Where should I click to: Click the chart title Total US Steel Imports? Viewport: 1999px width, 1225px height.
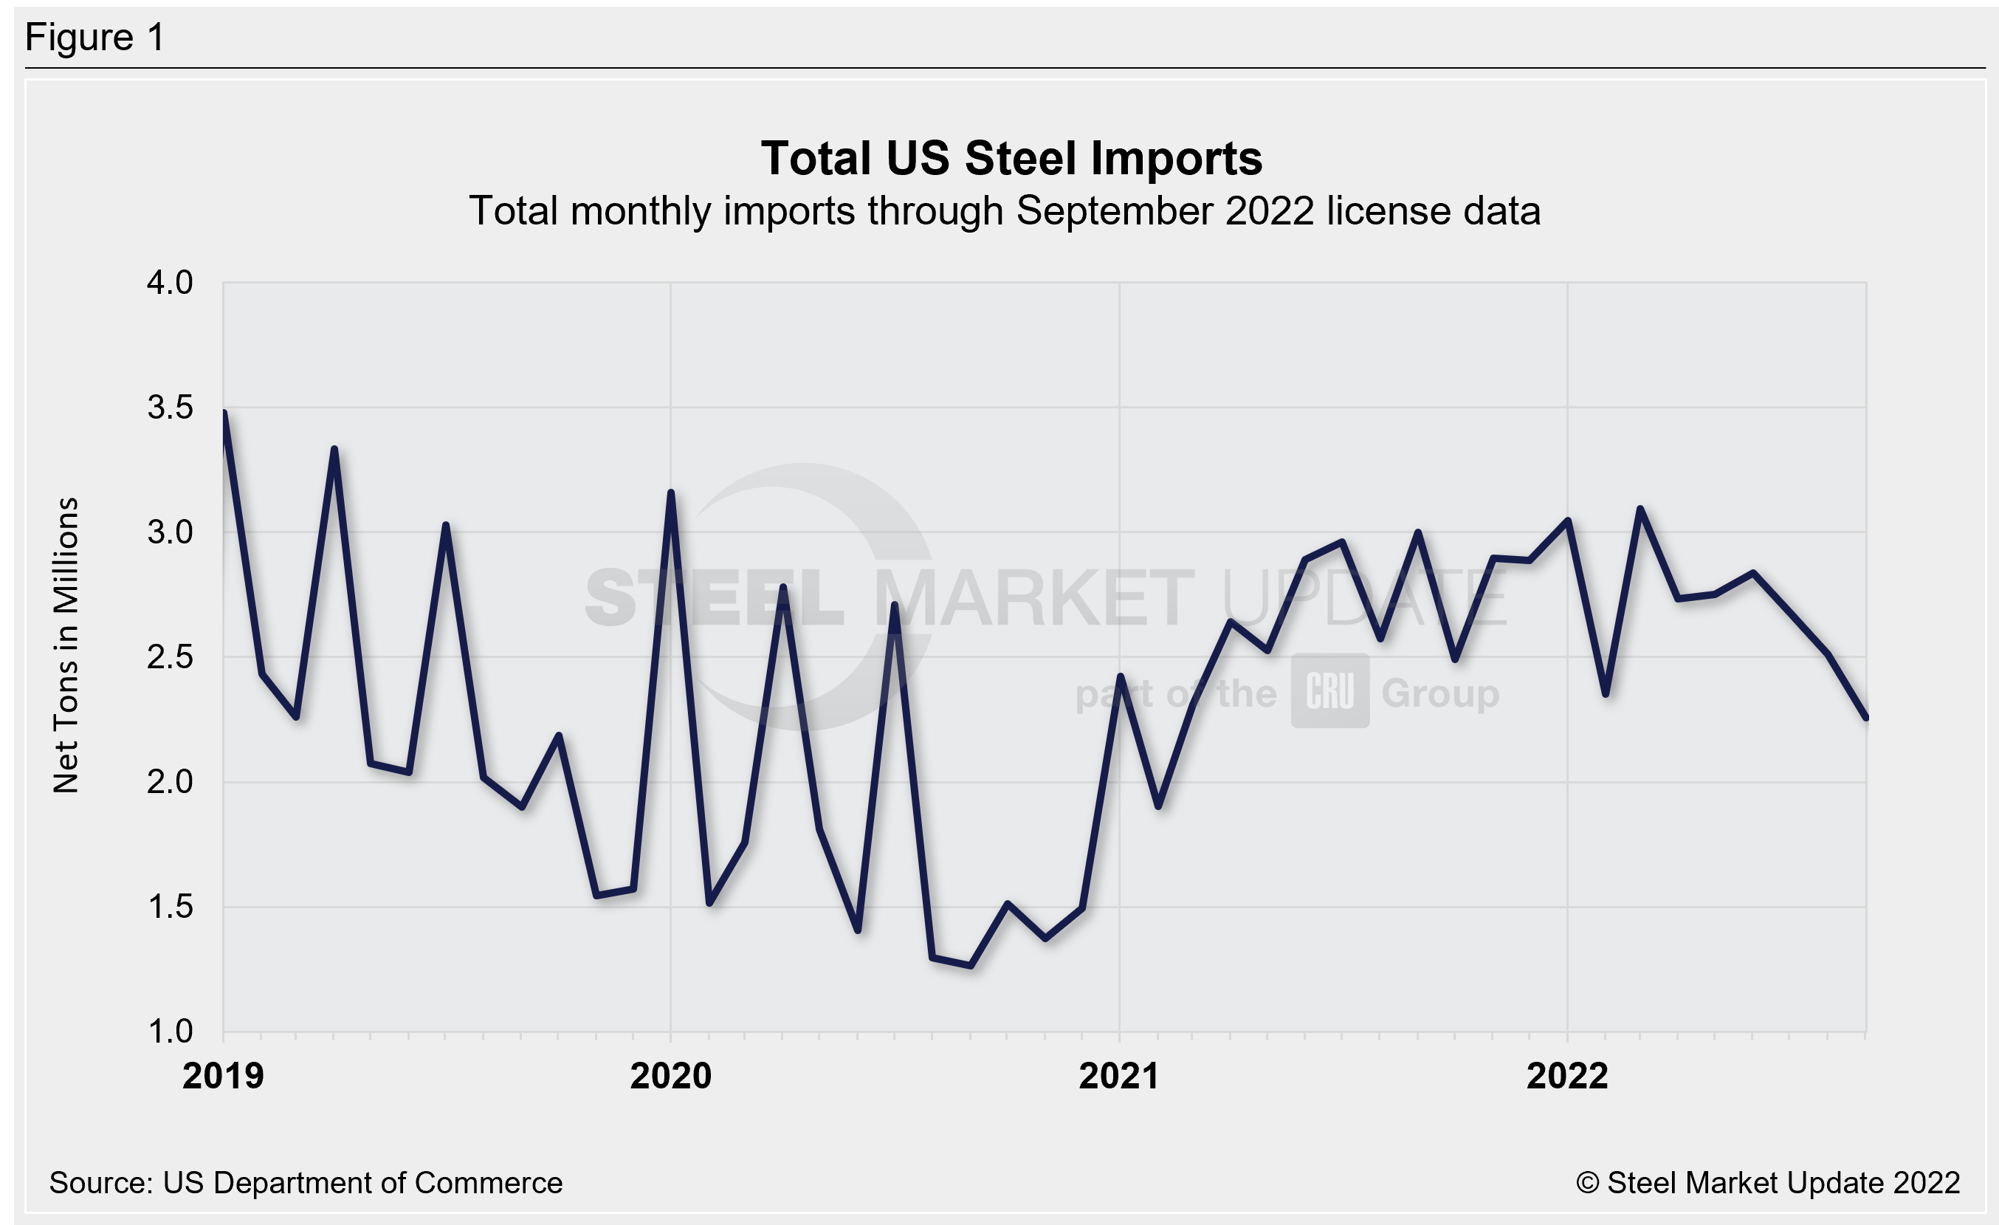pyautogui.click(x=1011, y=158)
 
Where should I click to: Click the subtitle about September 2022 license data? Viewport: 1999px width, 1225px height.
pyautogui.click(x=1005, y=212)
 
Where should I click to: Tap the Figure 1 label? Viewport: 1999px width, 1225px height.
pyautogui.click(x=95, y=38)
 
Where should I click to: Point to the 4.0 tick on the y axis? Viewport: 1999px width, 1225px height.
pyautogui.click(x=170, y=283)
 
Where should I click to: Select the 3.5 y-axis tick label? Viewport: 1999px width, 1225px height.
pyautogui.click(x=170, y=408)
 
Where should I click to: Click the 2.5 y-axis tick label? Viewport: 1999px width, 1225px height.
pyautogui.click(x=170, y=657)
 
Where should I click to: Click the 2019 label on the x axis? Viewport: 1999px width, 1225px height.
pyautogui.click(x=223, y=1077)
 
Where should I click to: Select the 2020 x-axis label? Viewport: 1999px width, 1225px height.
pyautogui.click(x=671, y=1077)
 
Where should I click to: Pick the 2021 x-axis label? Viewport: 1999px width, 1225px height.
pyautogui.click(x=1119, y=1077)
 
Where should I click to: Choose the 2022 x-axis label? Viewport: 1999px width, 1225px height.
pyautogui.click(x=1566, y=1077)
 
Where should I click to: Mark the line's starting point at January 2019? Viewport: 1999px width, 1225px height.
pyautogui.click(x=224, y=413)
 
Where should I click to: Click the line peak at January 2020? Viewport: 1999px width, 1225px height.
pyautogui.click(x=671, y=493)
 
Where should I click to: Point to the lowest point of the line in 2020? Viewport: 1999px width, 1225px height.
pyautogui.click(x=970, y=965)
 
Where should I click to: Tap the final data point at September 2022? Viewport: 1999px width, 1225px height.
pyautogui.click(x=1865, y=718)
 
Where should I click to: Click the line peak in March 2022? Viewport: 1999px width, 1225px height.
pyautogui.click(x=1640, y=509)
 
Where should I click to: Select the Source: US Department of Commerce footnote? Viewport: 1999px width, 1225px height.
pyautogui.click(x=306, y=1183)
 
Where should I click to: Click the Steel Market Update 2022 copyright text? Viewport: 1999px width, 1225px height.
pyautogui.click(x=1768, y=1183)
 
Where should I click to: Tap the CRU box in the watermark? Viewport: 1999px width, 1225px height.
pyautogui.click(x=1329, y=691)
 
